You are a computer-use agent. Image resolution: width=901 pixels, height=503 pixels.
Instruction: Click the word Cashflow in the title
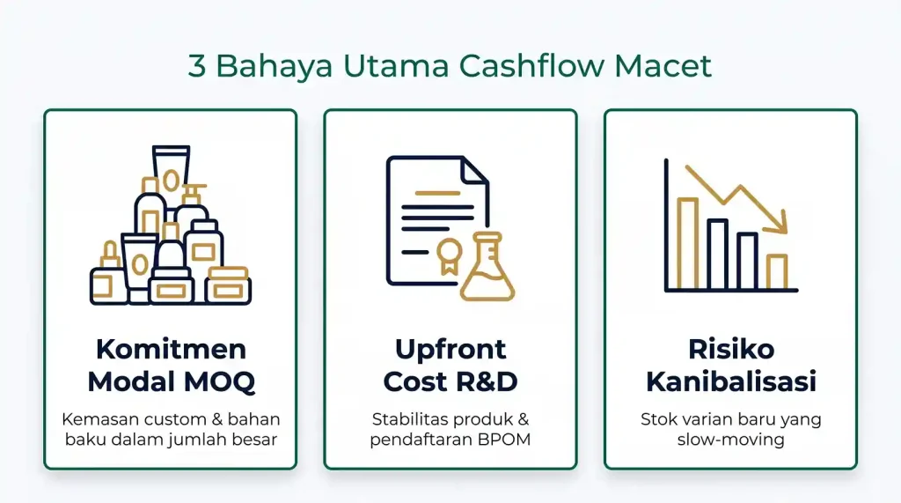pyautogui.click(x=531, y=64)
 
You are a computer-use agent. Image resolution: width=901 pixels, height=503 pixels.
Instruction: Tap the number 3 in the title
pyautogui.click(x=196, y=65)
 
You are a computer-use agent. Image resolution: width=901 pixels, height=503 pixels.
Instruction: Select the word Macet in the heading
pyautogui.click(x=663, y=65)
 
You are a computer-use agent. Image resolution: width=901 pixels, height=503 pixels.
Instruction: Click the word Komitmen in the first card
pyautogui.click(x=171, y=349)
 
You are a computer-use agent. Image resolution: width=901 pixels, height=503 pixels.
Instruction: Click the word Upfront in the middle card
pyautogui.click(x=450, y=350)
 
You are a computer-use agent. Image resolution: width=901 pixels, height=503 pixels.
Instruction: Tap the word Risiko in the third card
pyautogui.click(x=731, y=349)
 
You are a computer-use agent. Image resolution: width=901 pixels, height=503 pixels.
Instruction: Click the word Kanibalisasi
pyautogui.click(x=731, y=381)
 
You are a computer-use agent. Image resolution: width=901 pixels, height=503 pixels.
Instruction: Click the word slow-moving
pyautogui.click(x=731, y=440)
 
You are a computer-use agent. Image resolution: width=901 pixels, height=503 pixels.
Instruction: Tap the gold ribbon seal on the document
pyautogui.click(x=449, y=256)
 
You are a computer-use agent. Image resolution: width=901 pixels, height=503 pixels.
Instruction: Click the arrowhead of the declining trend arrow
pyautogui.click(x=779, y=223)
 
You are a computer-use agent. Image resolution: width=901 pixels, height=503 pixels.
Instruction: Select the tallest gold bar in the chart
pyautogui.click(x=688, y=243)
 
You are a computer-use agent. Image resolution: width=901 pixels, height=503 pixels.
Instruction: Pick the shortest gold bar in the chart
pyautogui.click(x=777, y=271)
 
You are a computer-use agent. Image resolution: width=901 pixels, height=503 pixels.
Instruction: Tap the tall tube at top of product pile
pyautogui.click(x=171, y=175)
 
